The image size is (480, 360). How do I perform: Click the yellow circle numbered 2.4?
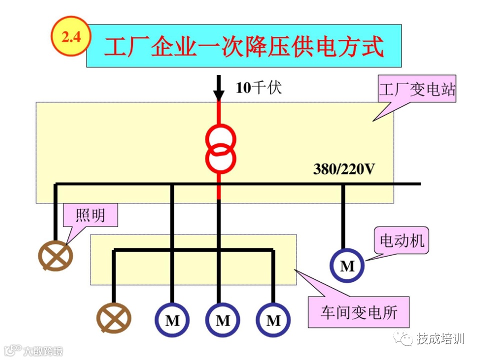(70, 36)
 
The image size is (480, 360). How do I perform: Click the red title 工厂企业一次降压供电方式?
(244, 46)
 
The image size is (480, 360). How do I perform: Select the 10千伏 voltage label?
(258, 88)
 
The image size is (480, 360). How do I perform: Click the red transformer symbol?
(220, 148)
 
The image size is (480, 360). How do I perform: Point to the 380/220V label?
(343, 169)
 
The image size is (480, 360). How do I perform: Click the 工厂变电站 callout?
(417, 90)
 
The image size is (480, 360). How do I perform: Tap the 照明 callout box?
(90, 215)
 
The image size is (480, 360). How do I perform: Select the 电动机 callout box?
(401, 241)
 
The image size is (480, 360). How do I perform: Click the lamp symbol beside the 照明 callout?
(56, 256)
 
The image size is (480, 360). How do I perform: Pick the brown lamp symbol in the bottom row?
(114, 318)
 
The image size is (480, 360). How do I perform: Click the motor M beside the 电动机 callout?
(347, 266)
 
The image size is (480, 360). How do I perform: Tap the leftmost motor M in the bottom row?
(172, 320)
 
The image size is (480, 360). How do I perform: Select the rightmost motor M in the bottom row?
(273, 320)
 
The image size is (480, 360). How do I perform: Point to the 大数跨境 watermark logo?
(32, 350)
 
